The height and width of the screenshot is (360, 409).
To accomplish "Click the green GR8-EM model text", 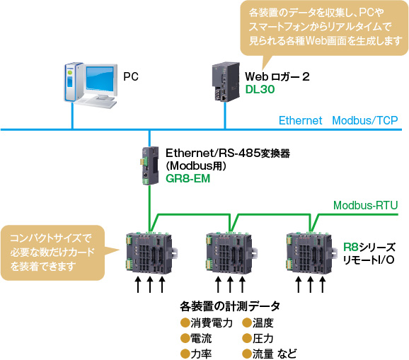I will coord(188,179).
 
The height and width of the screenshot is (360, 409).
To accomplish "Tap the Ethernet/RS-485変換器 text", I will coord(227,153).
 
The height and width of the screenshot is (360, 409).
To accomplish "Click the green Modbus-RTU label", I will coord(365,205).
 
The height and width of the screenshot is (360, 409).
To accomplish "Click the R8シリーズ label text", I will coord(369,246).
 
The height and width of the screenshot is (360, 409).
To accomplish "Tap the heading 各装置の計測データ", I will coord(230,306).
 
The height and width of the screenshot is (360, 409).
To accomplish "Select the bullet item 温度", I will coord(263,323).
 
